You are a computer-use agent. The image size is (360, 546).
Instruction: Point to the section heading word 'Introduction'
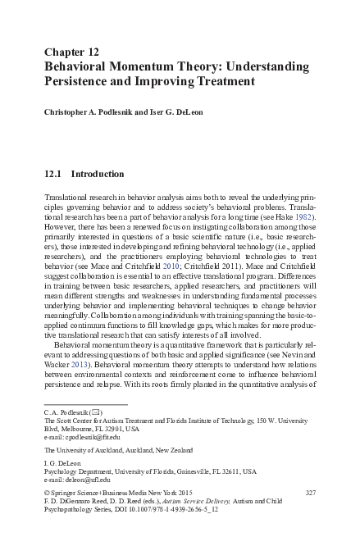(x=98, y=174)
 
